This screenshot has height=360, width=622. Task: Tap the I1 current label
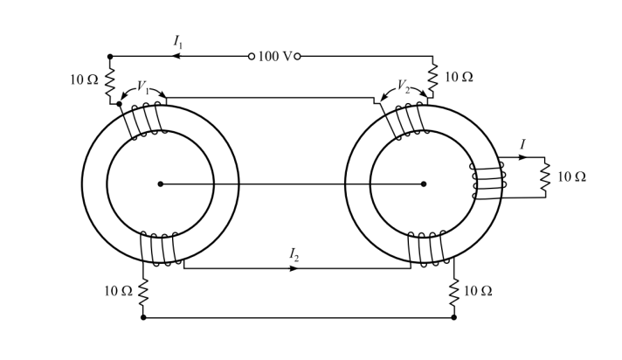pyautogui.click(x=178, y=40)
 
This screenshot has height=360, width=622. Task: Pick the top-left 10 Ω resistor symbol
pyautogui.click(x=110, y=81)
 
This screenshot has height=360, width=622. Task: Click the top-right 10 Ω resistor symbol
pyautogui.click(x=432, y=76)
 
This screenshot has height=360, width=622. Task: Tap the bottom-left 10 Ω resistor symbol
pyautogui.click(x=143, y=291)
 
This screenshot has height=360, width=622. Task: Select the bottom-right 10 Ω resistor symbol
pyautogui.click(x=453, y=292)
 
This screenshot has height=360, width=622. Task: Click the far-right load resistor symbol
pyautogui.click(x=545, y=177)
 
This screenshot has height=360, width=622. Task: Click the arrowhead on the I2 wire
pyautogui.click(x=294, y=268)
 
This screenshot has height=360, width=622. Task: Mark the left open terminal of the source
pyautogui.click(x=252, y=56)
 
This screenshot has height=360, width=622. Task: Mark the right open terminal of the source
pyautogui.click(x=297, y=56)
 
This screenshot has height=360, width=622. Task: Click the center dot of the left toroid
pyautogui.click(x=161, y=183)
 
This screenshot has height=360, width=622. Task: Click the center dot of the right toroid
pyautogui.click(x=424, y=183)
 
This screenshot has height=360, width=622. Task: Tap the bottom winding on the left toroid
pyautogui.click(x=159, y=248)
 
